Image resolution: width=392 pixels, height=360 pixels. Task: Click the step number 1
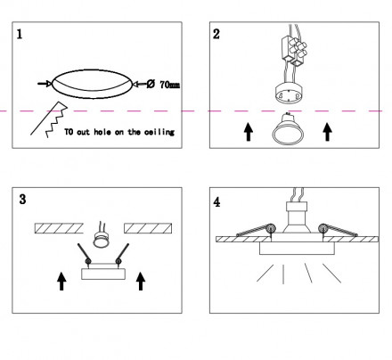(20, 34)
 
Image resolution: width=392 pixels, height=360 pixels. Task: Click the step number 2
(216, 34)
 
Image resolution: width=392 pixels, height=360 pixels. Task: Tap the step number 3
(22, 199)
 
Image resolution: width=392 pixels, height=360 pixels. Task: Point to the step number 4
(216, 202)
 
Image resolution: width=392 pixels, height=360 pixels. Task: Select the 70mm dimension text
(170, 85)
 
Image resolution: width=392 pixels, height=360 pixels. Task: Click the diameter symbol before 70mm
(151, 84)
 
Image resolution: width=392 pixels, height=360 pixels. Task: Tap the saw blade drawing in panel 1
(49, 119)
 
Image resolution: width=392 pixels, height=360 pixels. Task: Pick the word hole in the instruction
(102, 132)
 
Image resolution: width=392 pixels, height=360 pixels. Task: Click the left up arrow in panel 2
(249, 132)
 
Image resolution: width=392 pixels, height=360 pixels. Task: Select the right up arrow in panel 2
(327, 132)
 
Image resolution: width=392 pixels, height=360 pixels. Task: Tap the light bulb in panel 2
(288, 129)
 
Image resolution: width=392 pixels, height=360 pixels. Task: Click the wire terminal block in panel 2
(294, 51)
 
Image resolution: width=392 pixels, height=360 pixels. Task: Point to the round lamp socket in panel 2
(288, 94)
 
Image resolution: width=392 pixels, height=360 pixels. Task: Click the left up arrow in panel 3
(61, 282)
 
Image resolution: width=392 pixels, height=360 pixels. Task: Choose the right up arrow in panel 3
(141, 282)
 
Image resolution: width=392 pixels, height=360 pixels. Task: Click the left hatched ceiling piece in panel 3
(59, 228)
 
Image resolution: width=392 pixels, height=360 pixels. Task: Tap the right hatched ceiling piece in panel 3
(148, 228)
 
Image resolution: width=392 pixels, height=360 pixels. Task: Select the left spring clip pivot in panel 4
(271, 229)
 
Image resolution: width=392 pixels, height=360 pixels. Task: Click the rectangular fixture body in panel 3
(103, 274)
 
